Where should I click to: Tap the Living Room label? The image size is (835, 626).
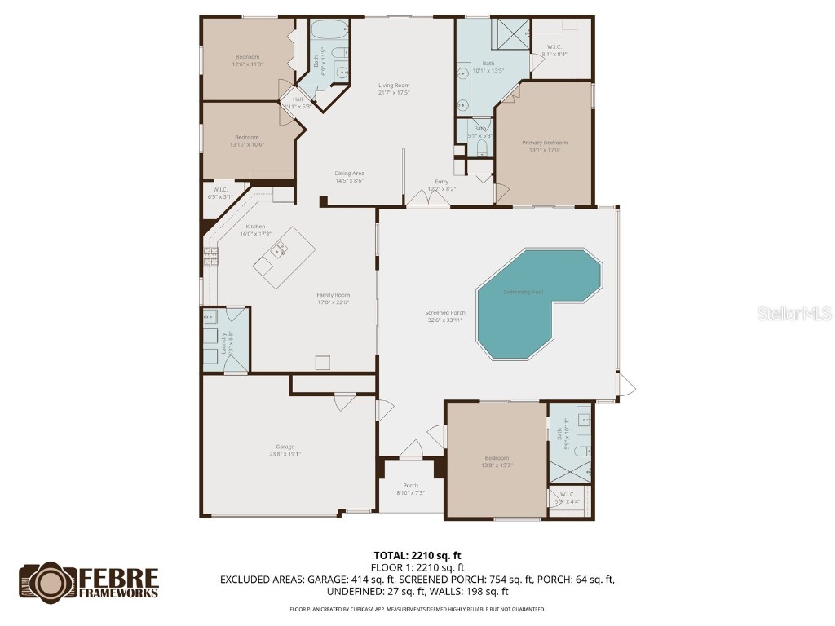tap(393, 86)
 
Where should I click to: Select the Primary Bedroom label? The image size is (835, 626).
tap(544, 143)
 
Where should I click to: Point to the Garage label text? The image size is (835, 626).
tap(285, 447)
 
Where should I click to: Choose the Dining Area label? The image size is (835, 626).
tap(349, 173)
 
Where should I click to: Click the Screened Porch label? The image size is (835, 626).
tap(445, 313)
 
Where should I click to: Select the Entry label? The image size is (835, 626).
tap(441, 182)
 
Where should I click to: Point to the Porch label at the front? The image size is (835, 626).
tap(410, 486)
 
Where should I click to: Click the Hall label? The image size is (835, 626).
tap(297, 99)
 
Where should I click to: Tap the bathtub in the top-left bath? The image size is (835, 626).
tap(328, 32)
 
